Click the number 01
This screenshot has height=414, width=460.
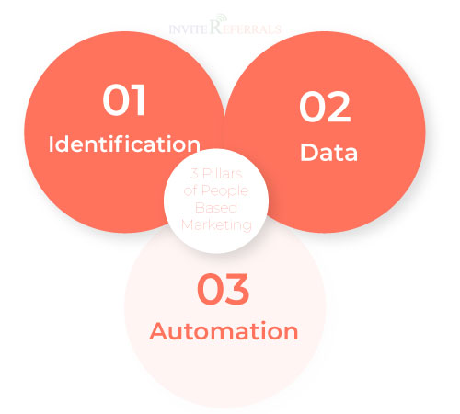click(x=124, y=99)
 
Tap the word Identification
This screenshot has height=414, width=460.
click(x=124, y=144)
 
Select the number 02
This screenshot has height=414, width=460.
click(x=325, y=107)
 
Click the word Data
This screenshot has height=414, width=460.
click(x=328, y=152)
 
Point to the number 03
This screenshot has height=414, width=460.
click(x=223, y=289)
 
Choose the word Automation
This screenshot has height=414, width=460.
click(x=224, y=331)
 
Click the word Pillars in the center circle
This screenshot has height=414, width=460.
click(x=223, y=174)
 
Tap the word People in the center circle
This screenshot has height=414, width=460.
click(x=224, y=191)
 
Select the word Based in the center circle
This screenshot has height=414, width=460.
click(x=216, y=208)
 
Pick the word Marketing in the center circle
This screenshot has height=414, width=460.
click(x=216, y=225)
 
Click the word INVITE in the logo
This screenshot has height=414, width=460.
click(x=189, y=29)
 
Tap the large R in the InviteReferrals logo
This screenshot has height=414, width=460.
click(x=215, y=27)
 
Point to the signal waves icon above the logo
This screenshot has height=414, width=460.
click(x=221, y=17)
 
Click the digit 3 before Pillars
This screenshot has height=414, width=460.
click(x=194, y=174)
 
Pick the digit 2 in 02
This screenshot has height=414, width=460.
click(x=339, y=107)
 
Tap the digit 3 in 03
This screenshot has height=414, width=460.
click(x=237, y=289)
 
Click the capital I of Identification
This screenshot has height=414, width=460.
click(x=51, y=144)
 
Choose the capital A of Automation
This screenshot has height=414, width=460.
click(x=159, y=330)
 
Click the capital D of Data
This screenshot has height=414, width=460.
click(x=308, y=152)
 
